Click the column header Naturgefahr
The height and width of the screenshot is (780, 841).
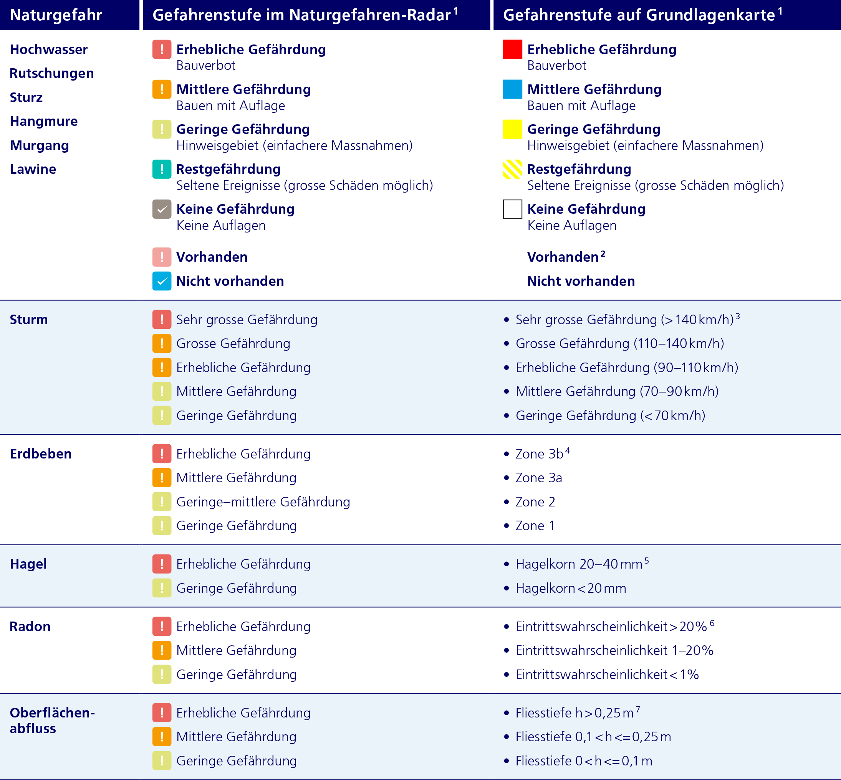pyautogui.click(x=56, y=15)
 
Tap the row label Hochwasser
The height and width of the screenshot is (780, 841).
pyautogui.click(x=48, y=49)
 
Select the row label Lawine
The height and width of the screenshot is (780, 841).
pyautogui.click(x=33, y=169)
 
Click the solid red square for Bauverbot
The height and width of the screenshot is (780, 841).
pyautogui.click(x=512, y=49)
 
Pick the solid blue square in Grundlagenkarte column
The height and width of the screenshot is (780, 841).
pyautogui.click(x=512, y=89)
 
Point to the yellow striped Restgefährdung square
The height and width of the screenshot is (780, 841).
pyautogui.click(x=512, y=169)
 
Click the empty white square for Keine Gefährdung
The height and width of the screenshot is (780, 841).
pyautogui.click(x=512, y=209)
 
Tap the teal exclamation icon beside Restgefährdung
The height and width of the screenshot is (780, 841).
pyautogui.click(x=162, y=169)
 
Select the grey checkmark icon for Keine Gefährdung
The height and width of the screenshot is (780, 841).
pyautogui.click(x=162, y=209)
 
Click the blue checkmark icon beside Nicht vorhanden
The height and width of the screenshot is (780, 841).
pyautogui.click(x=162, y=281)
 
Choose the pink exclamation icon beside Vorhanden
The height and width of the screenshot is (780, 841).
pyautogui.click(x=162, y=257)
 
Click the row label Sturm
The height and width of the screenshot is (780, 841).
pyautogui.click(x=29, y=320)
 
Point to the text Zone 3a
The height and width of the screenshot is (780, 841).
pyautogui.click(x=538, y=478)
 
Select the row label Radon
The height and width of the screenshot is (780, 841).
pyautogui.click(x=30, y=627)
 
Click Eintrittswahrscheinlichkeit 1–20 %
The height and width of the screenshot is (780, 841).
pyautogui.click(x=614, y=650)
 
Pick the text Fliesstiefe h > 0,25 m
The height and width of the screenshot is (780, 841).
pyautogui.click(x=574, y=713)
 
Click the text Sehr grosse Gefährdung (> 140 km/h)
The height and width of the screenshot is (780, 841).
pyautogui.click(x=624, y=320)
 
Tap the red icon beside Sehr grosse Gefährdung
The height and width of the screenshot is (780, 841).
pyautogui.click(x=162, y=320)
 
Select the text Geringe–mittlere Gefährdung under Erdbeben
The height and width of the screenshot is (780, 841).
pyautogui.click(x=263, y=502)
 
